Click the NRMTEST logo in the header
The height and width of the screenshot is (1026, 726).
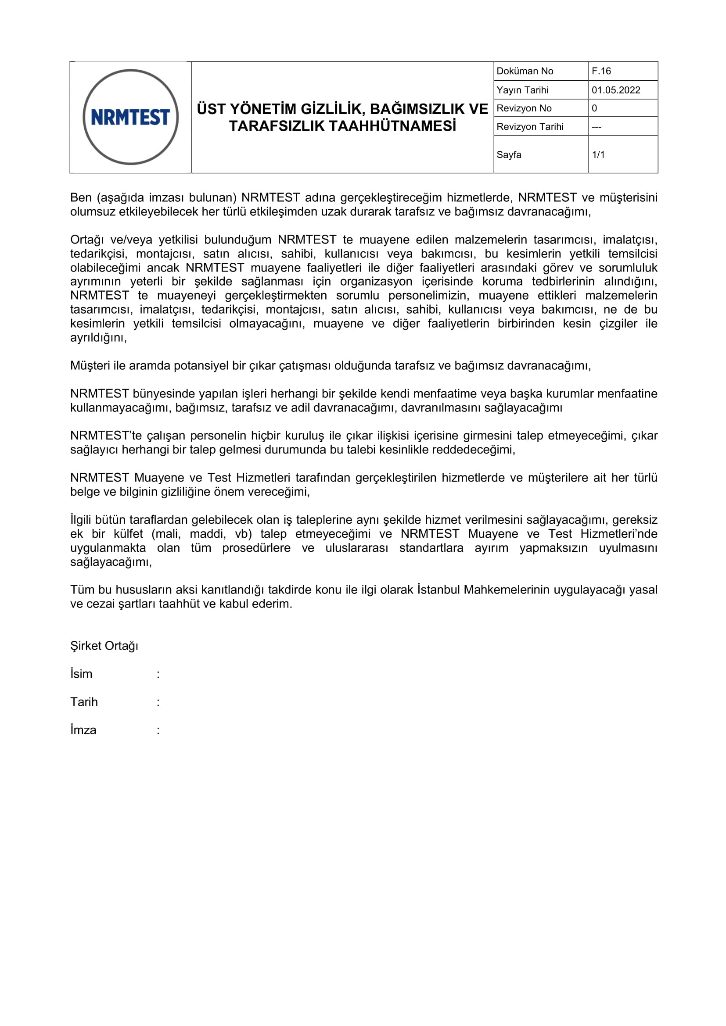[x=130, y=117]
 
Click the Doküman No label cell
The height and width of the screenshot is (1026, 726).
[x=525, y=71]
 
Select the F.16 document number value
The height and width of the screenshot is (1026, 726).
[x=601, y=71]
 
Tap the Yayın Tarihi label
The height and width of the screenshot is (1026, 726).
[x=522, y=90]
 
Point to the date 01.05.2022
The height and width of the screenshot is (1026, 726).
[x=615, y=90]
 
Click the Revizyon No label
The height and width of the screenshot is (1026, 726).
[x=524, y=108]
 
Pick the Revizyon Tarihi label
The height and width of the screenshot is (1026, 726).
[x=530, y=126]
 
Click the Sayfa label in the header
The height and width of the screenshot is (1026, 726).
[x=509, y=154]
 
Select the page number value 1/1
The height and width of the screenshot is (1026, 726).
[x=598, y=154]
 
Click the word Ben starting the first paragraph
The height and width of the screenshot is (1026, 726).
[x=81, y=197]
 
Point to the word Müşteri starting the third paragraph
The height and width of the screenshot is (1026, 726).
[x=90, y=365]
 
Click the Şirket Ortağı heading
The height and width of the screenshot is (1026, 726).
[x=104, y=646]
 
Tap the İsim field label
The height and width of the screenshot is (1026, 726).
[x=81, y=674]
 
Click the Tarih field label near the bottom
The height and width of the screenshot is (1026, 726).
[x=84, y=702]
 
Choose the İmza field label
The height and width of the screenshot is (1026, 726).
[x=83, y=730]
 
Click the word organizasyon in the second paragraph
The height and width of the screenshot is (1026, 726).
[x=376, y=282]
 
